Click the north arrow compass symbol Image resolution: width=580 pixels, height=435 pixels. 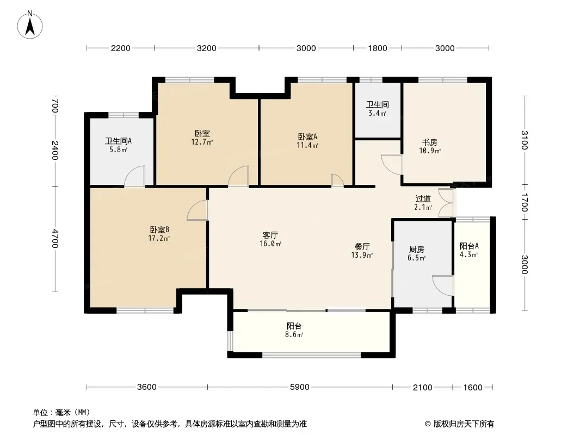coord(30,25)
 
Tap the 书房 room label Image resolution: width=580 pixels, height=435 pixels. coord(430,142)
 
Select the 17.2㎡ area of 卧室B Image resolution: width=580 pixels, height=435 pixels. coord(159,238)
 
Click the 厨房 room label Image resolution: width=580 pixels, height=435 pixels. coord(417,250)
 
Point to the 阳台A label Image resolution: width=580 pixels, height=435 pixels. coord(469,246)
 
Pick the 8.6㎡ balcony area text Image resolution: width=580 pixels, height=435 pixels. coord(294,335)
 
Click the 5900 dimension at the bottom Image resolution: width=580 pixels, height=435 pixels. coord(300,387)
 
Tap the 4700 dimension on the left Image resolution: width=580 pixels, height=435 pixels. coord(55,239)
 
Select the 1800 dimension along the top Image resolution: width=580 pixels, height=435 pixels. coord(377,48)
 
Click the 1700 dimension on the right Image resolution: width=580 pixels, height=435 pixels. coord(525,202)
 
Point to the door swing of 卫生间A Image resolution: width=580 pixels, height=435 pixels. coord(134,176)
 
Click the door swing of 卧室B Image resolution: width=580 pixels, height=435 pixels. coord(198,210)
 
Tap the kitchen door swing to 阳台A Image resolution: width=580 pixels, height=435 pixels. coord(443,285)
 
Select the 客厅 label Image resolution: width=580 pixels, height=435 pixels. coord(270,235)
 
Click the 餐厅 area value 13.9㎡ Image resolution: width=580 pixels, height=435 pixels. coord(362,255)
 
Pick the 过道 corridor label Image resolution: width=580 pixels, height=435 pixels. coord(423,199)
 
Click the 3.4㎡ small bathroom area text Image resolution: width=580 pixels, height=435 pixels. coord(377,114)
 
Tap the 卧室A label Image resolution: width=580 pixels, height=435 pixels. coord(307,136)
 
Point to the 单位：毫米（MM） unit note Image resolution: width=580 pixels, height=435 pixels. coord(61,413)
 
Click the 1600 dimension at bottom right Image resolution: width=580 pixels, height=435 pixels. coord(473,387)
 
